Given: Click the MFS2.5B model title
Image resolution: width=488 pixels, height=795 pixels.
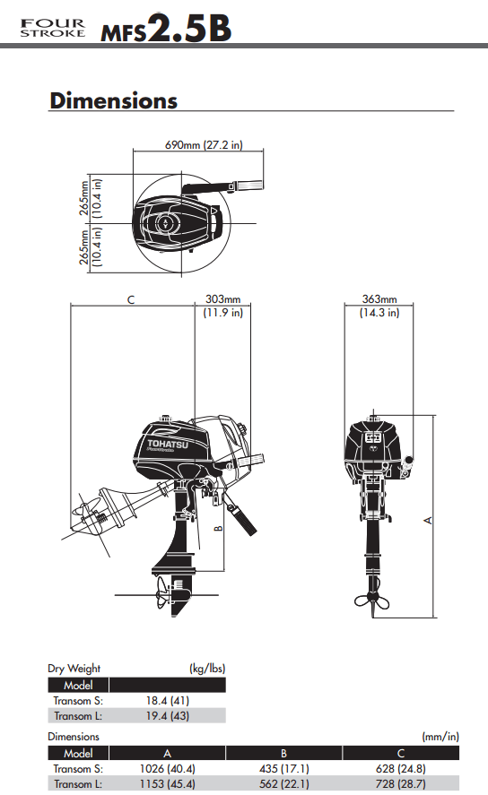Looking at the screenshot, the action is coord(166,28).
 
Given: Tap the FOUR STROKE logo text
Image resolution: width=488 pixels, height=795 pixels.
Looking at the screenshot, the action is coord(53,29).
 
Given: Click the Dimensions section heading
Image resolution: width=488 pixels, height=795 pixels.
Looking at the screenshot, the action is coord(114,100).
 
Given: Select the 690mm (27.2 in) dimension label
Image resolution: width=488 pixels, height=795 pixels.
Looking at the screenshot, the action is coord(204,145).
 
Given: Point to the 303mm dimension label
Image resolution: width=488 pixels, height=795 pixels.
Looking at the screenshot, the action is coord(222,299).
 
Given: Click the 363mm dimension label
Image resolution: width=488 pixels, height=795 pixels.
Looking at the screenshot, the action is coord(379,299).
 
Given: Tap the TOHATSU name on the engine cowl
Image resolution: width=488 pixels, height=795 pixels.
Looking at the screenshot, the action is coord(168,445).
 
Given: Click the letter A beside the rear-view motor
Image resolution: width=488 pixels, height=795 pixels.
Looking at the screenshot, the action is coord(428,520).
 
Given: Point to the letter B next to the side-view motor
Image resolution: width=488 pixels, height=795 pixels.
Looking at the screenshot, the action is coord(219,528).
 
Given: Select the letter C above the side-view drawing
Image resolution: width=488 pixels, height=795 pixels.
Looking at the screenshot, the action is coord(131,299).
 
